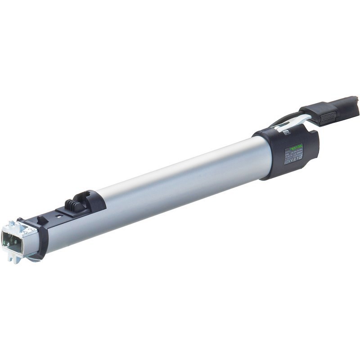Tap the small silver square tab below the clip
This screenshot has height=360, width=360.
click(286, 132)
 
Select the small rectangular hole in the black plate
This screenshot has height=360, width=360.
click(59, 215)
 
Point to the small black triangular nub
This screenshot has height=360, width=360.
click(41, 220)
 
